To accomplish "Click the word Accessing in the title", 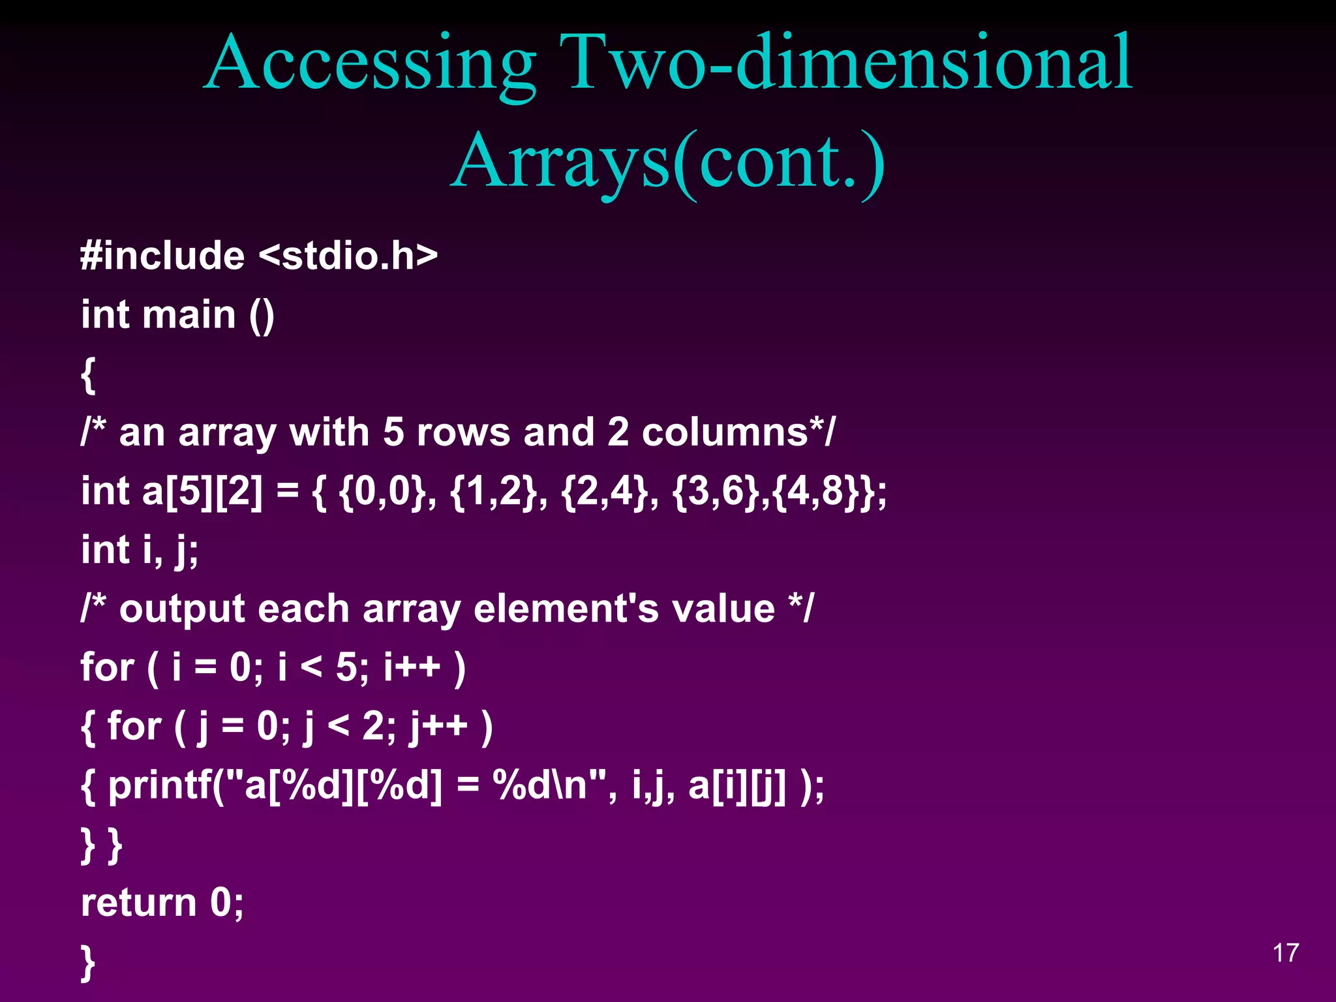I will click(370, 64).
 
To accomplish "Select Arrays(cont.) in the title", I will click(667, 162).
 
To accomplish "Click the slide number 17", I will click(1286, 953).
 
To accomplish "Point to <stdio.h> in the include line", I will click(348, 255).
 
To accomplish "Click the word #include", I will click(162, 255).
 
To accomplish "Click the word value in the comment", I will click(723, 609).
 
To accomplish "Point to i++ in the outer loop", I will click(412, 667).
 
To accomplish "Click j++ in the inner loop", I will click(438, 726).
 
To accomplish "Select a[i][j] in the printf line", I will click(737, 785).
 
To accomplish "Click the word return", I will click(138, 903).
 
